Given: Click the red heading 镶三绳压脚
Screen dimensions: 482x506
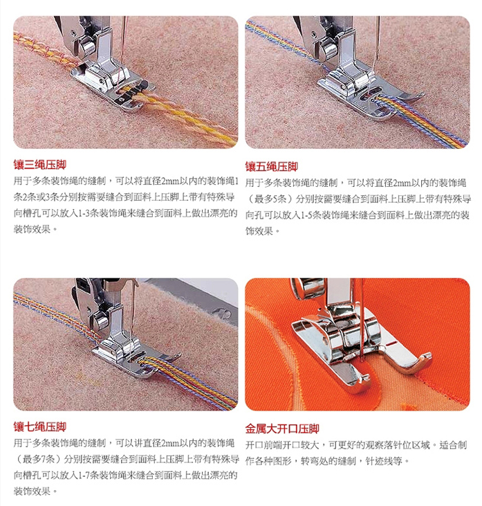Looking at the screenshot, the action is (40, 165).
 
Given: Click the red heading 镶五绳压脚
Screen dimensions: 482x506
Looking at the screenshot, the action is (272, 167).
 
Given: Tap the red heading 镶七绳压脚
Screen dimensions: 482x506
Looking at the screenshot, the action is (40, 427).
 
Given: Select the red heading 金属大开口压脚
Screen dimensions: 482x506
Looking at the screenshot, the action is (282, 429).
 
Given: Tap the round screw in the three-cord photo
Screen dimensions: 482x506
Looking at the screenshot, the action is (74, 33).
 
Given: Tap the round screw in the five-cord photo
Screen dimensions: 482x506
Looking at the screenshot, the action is (313, 33).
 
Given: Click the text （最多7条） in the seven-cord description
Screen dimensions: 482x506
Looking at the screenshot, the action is (39, 458).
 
